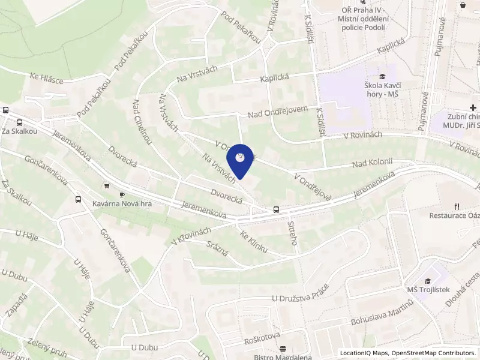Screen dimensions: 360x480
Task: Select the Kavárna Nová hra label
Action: point(122,204)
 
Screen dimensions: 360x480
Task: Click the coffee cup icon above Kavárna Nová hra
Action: point(122,195)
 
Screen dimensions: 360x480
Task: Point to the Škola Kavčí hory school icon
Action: point(382,76)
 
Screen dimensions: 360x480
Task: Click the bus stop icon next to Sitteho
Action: point(276,209)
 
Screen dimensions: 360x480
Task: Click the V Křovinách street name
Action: point(192,233)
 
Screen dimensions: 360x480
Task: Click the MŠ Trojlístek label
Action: point(428,290)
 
